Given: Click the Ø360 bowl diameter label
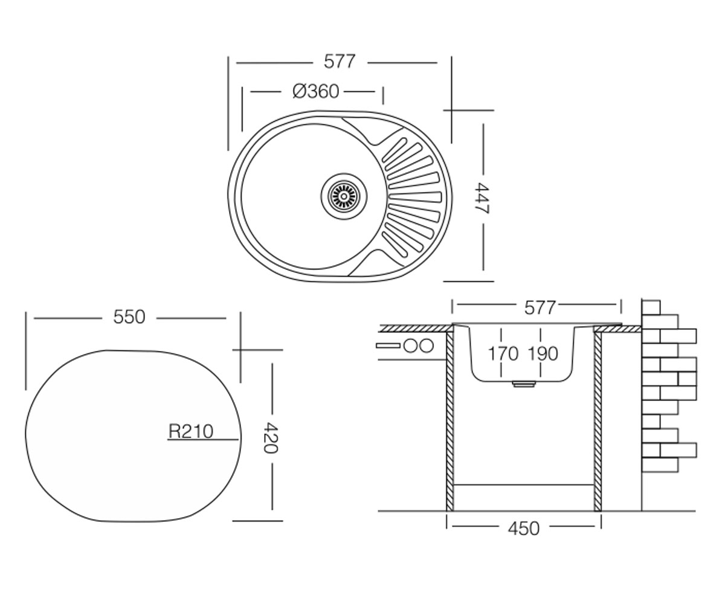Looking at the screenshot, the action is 315,92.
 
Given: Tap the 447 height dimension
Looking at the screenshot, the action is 482,198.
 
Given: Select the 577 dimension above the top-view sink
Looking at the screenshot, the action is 340,62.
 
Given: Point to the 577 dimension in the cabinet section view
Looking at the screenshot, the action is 540,307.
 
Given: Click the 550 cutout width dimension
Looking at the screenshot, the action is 129,317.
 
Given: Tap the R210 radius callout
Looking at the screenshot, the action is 191,431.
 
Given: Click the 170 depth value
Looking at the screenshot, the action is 503,354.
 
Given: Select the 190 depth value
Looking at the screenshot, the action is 543,354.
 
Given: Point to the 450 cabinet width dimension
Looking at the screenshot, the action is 524,528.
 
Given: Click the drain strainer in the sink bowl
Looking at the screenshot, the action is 344,196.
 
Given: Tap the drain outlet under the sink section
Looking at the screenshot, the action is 524,384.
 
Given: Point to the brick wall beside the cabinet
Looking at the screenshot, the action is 669,385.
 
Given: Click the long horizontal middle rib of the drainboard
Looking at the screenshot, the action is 414,197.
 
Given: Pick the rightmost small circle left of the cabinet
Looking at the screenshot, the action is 427,345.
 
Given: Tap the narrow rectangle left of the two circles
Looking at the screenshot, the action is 389,345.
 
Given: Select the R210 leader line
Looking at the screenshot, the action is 203,440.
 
